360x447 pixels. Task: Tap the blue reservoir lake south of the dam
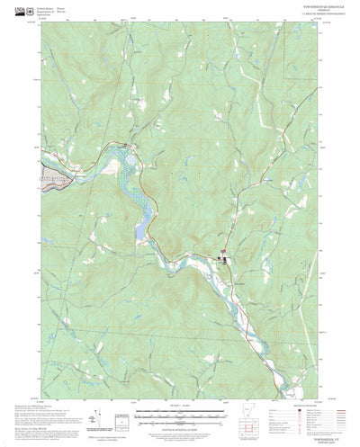click(x=139, y=230)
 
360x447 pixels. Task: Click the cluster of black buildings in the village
click(x=222, y=261)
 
